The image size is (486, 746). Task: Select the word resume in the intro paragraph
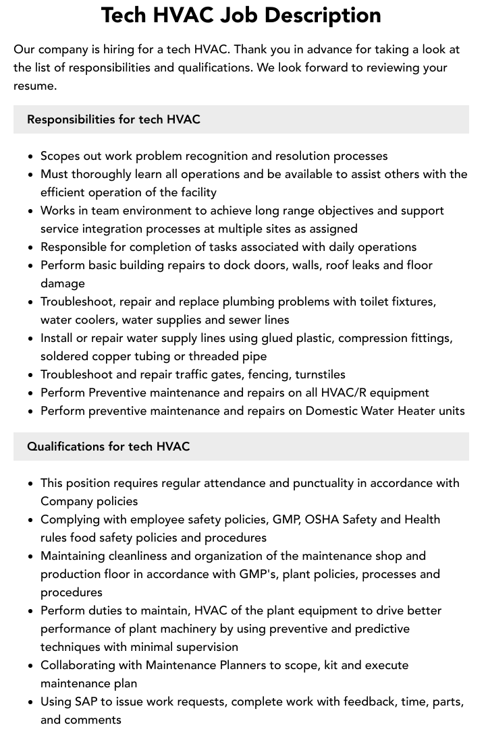(x=34, y=86)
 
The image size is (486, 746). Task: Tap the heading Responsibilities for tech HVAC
(x=113, y=119)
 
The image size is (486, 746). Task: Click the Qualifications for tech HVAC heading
(x=108, y=447)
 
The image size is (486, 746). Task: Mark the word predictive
(x=381, y=629)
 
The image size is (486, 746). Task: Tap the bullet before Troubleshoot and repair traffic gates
(x=31, y=375)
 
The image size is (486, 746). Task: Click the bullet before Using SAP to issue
(x=31, y=702)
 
